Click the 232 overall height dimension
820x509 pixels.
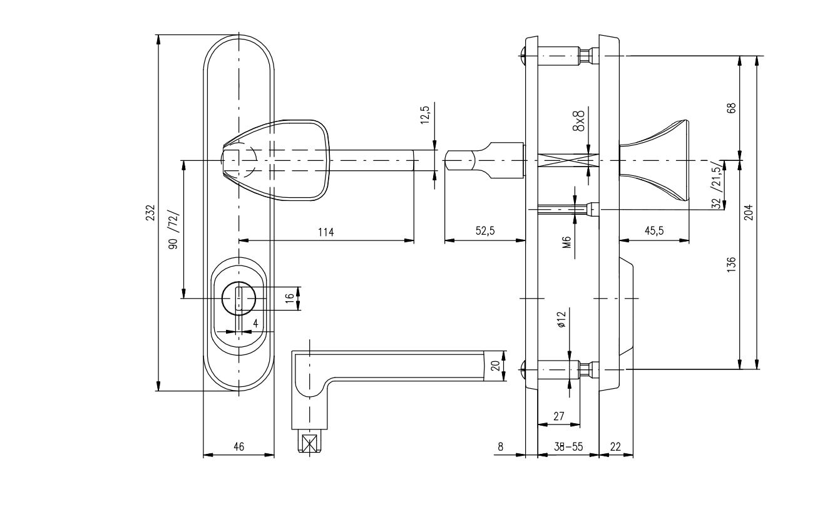click(151, 212)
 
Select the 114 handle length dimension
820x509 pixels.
click(325, 232)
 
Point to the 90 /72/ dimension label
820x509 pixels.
click(173, 230)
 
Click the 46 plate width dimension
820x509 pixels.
click(238, 447)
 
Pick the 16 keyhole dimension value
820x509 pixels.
click(290, 298)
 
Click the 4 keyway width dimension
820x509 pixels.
click(255, 323)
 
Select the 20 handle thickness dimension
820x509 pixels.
click(495, 366)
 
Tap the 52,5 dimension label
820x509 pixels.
click(485, 230)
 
